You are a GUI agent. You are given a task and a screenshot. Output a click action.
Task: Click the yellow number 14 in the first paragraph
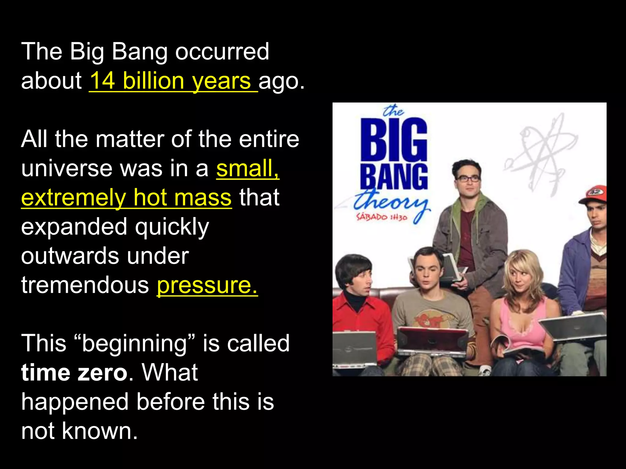(103, 81)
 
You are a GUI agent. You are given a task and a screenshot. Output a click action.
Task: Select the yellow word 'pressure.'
(207, 285)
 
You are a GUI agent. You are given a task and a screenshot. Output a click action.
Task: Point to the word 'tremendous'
(85, 285)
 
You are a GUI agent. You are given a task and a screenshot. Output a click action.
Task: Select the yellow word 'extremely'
(73, 198)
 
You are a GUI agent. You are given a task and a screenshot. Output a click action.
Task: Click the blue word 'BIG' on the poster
(394, 140)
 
